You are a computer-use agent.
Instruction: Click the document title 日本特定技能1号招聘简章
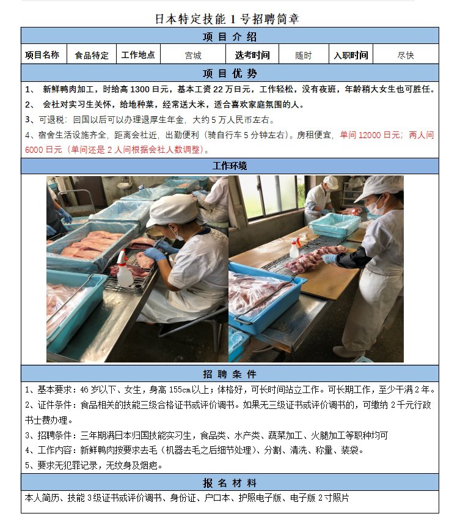click(227, 19)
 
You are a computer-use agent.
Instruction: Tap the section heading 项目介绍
click(230, 37)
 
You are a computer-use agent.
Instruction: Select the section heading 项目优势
click(230, 73)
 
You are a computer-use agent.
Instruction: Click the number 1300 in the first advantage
click(141, 89)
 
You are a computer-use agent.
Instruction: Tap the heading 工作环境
click(230, 166)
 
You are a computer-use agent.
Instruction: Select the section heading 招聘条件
click(230, 374)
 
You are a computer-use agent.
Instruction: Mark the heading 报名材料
click(230, 482)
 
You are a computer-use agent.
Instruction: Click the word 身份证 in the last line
click(183, 498)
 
